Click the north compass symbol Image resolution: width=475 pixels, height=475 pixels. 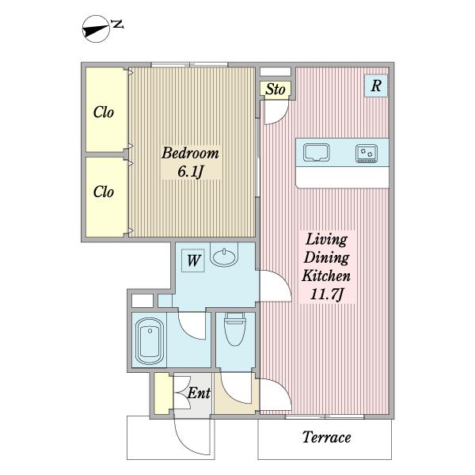[x=96, y=29]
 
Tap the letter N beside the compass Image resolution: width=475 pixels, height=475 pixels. [x=117, y=25]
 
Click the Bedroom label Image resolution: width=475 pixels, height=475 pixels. [x=190, y=153]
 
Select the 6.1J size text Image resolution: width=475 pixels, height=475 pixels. [x=190, y=172]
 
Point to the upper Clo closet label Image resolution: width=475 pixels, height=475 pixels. [x=104, y=112]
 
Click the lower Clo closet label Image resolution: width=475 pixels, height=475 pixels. [x=104, y=192]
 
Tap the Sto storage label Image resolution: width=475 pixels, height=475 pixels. [x=275, y=89]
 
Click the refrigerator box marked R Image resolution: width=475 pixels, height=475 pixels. [x=376, y=85]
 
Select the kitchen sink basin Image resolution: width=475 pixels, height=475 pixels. [x=316, y=153]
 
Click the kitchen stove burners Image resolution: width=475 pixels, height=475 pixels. [x=367, y=154]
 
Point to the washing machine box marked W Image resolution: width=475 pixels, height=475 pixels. [x=193, y=260]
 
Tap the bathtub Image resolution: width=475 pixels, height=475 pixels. [x=150, y=340]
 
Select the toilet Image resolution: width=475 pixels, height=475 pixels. [x=235, y=329]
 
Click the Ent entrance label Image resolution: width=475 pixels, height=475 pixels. [x=199, y=393]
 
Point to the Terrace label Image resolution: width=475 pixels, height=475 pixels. [x=326, y=437]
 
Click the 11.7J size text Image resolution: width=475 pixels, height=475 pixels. [x=326, y=294]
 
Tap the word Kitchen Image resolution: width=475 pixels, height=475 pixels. [x=326, y=275]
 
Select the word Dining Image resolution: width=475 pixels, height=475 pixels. [x=326, y=258]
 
